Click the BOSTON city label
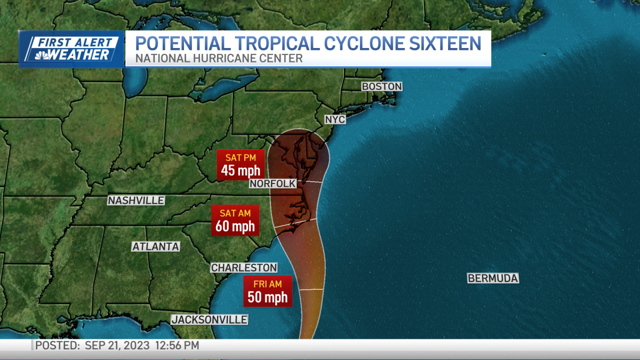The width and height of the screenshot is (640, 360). tap(381, 86)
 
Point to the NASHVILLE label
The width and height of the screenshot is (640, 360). tap(136, 201)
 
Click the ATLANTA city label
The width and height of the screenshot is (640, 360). tap(156, 246)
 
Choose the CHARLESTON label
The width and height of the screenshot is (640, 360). tap(244, 267)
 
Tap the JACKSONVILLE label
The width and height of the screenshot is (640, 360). tap(209, 319)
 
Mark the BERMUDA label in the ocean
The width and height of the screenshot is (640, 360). tap(493, 278)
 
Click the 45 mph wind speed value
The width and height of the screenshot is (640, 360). tap(241, 171)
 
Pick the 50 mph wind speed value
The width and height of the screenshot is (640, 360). tap(268, 297)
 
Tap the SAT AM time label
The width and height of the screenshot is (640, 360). tap(235, 213)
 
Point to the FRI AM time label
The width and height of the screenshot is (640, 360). tap(268, 284)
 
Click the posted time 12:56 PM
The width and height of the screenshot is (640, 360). tap(177, 346)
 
